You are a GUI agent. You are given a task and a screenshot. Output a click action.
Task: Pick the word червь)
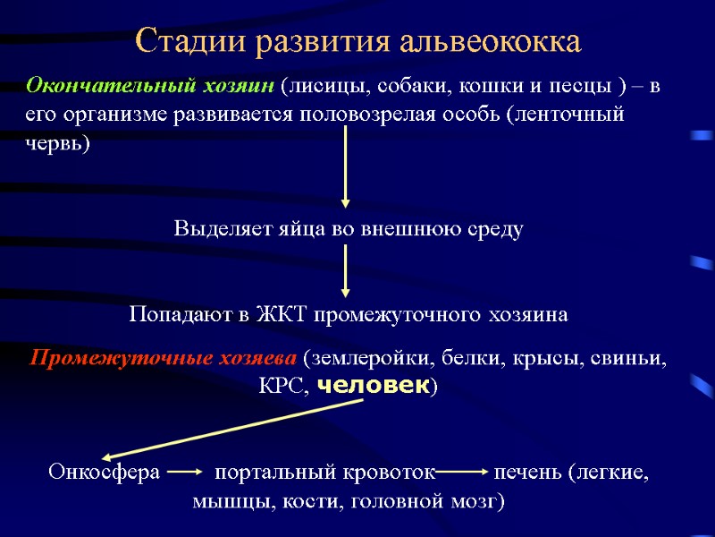tap(57, 144)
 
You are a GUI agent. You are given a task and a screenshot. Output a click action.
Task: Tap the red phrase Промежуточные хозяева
tap(163, 360)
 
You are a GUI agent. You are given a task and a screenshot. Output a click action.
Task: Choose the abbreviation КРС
tap(284, 387)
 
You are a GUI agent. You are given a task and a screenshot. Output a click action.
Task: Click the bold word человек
tap(374, 386)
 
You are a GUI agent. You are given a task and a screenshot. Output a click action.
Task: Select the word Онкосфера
tap(104, 473)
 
